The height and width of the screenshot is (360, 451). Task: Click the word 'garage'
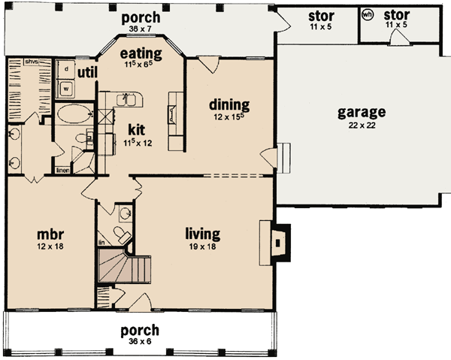[361, 113]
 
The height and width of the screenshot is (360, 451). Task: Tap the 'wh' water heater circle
[368, 14]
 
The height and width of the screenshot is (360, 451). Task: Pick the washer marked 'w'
[66, 87]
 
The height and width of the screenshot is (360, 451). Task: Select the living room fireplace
[279, 241]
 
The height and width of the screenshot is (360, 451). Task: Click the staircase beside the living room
[124, 267]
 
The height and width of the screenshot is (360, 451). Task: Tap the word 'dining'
[229, 104]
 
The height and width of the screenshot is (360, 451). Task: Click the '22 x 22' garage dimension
[361, 126]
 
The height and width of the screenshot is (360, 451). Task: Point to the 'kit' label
[137, 129]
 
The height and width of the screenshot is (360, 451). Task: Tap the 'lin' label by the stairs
[101, 243]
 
